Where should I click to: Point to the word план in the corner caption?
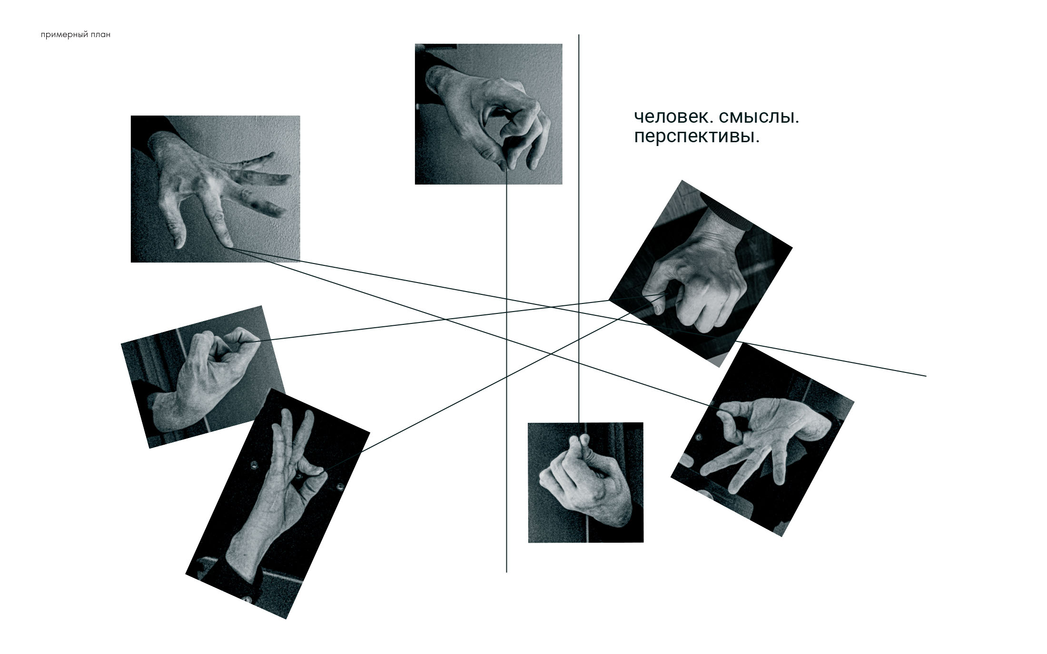click(100, 35)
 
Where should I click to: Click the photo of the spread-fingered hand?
click(215, 189)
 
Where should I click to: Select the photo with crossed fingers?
click(585, 482)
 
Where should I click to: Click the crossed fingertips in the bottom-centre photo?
click(579, 441)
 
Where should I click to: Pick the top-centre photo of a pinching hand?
click(488, 114)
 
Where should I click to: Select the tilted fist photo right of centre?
click(701, 273)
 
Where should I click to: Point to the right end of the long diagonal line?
click(926, 376)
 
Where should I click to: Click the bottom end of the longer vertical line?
click(506, 572)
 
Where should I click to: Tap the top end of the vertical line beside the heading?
click(579, 35)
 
